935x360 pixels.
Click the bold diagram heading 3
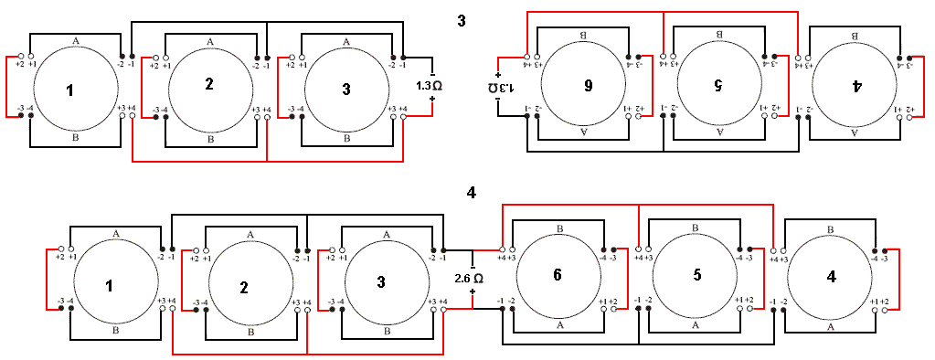tap(462, 19)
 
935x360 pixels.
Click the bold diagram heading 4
tap(471, 192)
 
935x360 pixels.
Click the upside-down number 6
tap(588, 85)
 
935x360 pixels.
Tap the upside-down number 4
tap(856, 85)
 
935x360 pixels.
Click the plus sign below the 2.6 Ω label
tap(473, 292)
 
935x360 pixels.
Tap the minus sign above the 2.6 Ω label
tap(473, 261)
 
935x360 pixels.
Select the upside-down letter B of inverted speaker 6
tap(582, 35)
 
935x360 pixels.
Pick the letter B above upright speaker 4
tap(830, 229)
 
